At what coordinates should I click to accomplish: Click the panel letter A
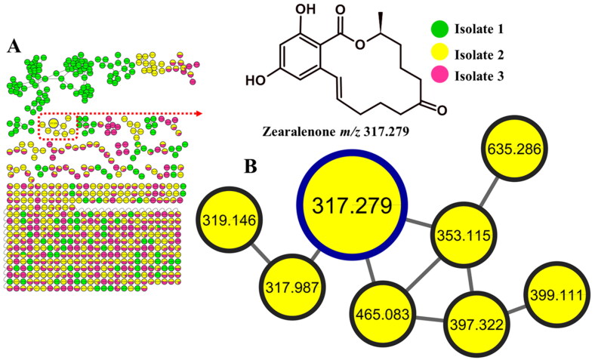pyautogui.click(x=13, y=46)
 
